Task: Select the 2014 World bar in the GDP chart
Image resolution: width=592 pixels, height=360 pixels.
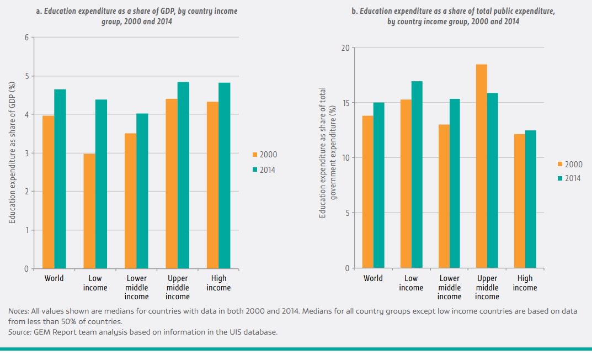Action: (x=60, y=179)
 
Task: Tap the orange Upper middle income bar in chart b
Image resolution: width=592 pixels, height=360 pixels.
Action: (x=481, y=166)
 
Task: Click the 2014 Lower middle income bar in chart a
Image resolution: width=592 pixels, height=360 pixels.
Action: (x=142, y=191)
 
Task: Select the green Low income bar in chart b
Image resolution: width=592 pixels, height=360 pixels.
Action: (x=417, y=174)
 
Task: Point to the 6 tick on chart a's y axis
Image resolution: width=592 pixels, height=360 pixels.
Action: (x=26, y=38)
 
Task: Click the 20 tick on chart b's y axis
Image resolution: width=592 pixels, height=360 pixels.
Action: (x=345, y=47)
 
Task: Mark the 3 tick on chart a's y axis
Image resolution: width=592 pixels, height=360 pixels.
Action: (x=26, y=153)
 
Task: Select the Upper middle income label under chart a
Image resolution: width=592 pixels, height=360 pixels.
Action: (x=178, y=287)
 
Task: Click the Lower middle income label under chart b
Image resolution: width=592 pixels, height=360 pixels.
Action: (x=449, y=287)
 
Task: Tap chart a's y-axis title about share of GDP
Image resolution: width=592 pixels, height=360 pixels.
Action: (x=12, y=153)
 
